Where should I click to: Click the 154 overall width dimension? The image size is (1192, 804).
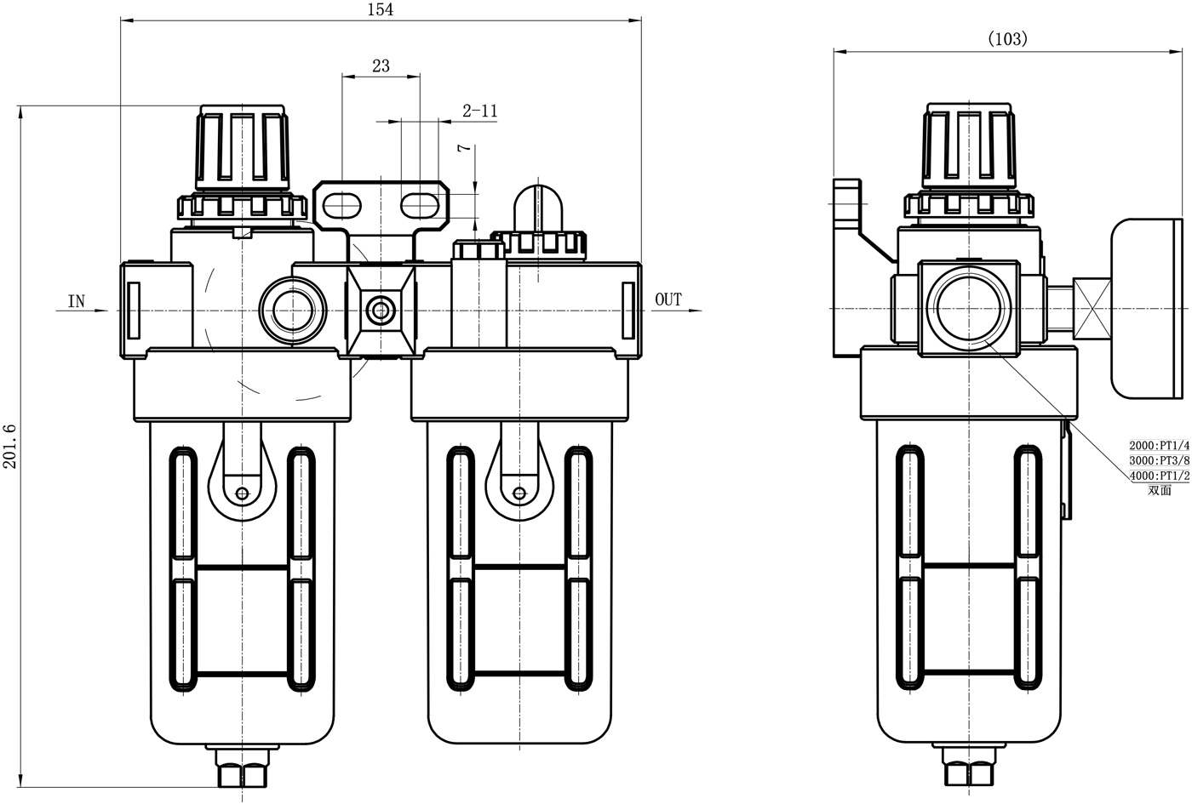click(x=380, y=9)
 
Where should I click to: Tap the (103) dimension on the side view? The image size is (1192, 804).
click(x=1007, y=38)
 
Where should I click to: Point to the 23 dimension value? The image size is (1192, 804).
click(x=381, y=66)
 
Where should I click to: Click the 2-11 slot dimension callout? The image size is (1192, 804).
click(x=479, y=111)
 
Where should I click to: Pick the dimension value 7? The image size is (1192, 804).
click(x=464, y=148)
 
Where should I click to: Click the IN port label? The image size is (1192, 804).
click(x=77, y=301)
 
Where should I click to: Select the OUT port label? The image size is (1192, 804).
click(x=668, y=299)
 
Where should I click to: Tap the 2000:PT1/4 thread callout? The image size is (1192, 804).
click(x=1158, y=445)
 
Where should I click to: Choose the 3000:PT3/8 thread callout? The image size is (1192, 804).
click(x=1158, y=460)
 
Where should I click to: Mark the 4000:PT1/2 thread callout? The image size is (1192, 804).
click(x=1158, y=476)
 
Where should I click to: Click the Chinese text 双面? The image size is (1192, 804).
click(x=1159, y=490)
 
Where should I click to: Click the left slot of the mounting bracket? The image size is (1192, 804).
click(x=341, y=204)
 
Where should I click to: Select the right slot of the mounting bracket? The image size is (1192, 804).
click(x=420, y=204)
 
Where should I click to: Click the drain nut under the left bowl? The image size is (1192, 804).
click(x=243, y=769)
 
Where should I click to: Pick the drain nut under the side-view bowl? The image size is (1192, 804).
click(x=969, y=769)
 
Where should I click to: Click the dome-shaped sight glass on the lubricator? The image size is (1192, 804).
click(x=540, y=204)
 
